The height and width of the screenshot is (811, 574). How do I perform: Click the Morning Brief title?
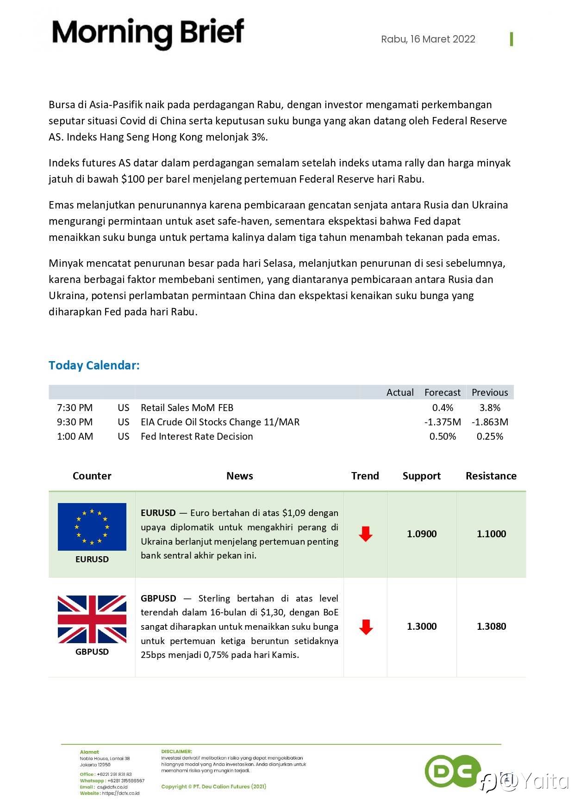coord(148,33)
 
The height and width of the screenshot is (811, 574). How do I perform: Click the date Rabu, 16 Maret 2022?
coord(428,39)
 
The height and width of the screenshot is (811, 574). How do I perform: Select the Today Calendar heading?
coord(94,365)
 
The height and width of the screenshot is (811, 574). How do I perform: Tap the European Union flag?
coord(92,527)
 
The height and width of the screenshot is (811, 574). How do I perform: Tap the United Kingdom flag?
coord(92,619)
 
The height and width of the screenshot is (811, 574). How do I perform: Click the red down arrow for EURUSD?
coord(366,534)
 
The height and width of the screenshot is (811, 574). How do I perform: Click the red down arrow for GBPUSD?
coord(366,627)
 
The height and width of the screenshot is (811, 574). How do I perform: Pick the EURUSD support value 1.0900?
coord(422,534)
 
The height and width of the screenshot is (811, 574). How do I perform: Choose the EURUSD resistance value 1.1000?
coord(491,534)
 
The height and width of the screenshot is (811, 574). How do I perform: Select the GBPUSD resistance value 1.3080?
coord(491,627)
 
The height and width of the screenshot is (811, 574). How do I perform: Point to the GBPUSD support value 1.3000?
coord(422,627)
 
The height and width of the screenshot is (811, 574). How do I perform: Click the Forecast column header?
coord(442,393)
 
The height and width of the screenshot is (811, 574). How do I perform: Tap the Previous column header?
coord(490,393)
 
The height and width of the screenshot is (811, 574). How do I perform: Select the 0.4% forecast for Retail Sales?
coord(443,408)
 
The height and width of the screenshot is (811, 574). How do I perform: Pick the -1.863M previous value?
coord(490,422)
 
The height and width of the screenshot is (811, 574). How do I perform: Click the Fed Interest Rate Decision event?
coord(197,436)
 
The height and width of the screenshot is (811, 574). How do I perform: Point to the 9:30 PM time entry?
coord(75,422)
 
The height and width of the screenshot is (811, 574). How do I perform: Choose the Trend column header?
coord(365,476)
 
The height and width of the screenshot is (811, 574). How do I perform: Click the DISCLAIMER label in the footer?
coord(176,751)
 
